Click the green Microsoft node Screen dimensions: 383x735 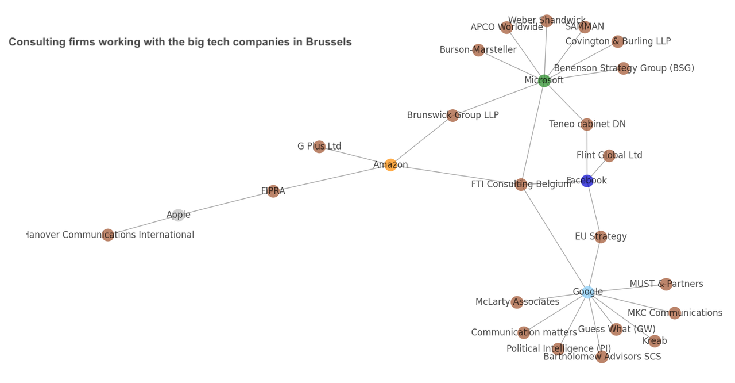tap(544, 81)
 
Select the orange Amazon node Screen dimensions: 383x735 tap(390, 165)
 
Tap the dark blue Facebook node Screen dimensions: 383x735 tap(587, 181)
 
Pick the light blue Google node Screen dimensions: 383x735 tap(587, 292)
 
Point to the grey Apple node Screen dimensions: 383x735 tap(179, 215)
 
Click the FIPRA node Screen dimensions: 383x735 tap(273, 191)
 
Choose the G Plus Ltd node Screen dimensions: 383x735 tap(319, 147)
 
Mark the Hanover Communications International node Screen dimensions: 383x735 tap(108, 235)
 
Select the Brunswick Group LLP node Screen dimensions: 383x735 tap(452, 116)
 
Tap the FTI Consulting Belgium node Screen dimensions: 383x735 tap(521, 185)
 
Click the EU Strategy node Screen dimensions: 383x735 tap(601, 237)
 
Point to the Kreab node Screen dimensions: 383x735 tap(655, 341)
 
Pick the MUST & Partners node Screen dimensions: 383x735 tap(666, 284)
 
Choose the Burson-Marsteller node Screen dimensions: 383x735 tap(478, 50)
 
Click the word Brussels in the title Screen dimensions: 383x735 tap(328, 43)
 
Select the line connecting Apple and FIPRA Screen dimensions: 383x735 tap(226, 204)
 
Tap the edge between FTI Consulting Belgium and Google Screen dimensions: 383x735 tap(554, 238)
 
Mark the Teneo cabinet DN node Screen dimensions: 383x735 tap(587, 124)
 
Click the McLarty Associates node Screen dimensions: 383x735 tap(517, 302)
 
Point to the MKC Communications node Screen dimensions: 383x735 tap(675, 313)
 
